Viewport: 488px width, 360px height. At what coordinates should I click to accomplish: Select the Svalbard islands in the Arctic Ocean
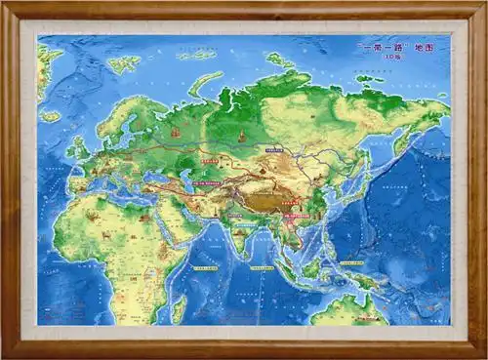pos(124,64)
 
